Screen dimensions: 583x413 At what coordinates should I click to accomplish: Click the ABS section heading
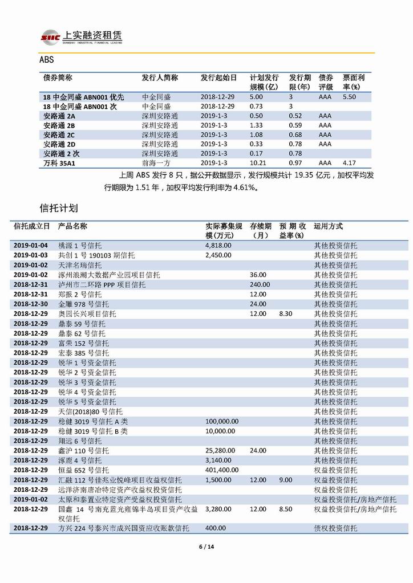click(x=46, y=60)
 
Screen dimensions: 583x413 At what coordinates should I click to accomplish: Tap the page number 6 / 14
click(x=206, y=547)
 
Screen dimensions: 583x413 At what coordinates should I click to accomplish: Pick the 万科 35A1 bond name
click(x=59, y=163)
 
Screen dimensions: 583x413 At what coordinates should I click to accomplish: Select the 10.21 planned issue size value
click(x=257, y=163)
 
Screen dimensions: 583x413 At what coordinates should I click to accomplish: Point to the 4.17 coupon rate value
click(x=349, y=163)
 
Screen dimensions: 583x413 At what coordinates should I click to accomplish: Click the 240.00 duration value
click(x=260, y=284)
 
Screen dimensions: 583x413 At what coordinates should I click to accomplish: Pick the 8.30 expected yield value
click(x=286, y=313)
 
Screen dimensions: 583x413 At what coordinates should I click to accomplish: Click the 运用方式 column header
click(x=329, y=226)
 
